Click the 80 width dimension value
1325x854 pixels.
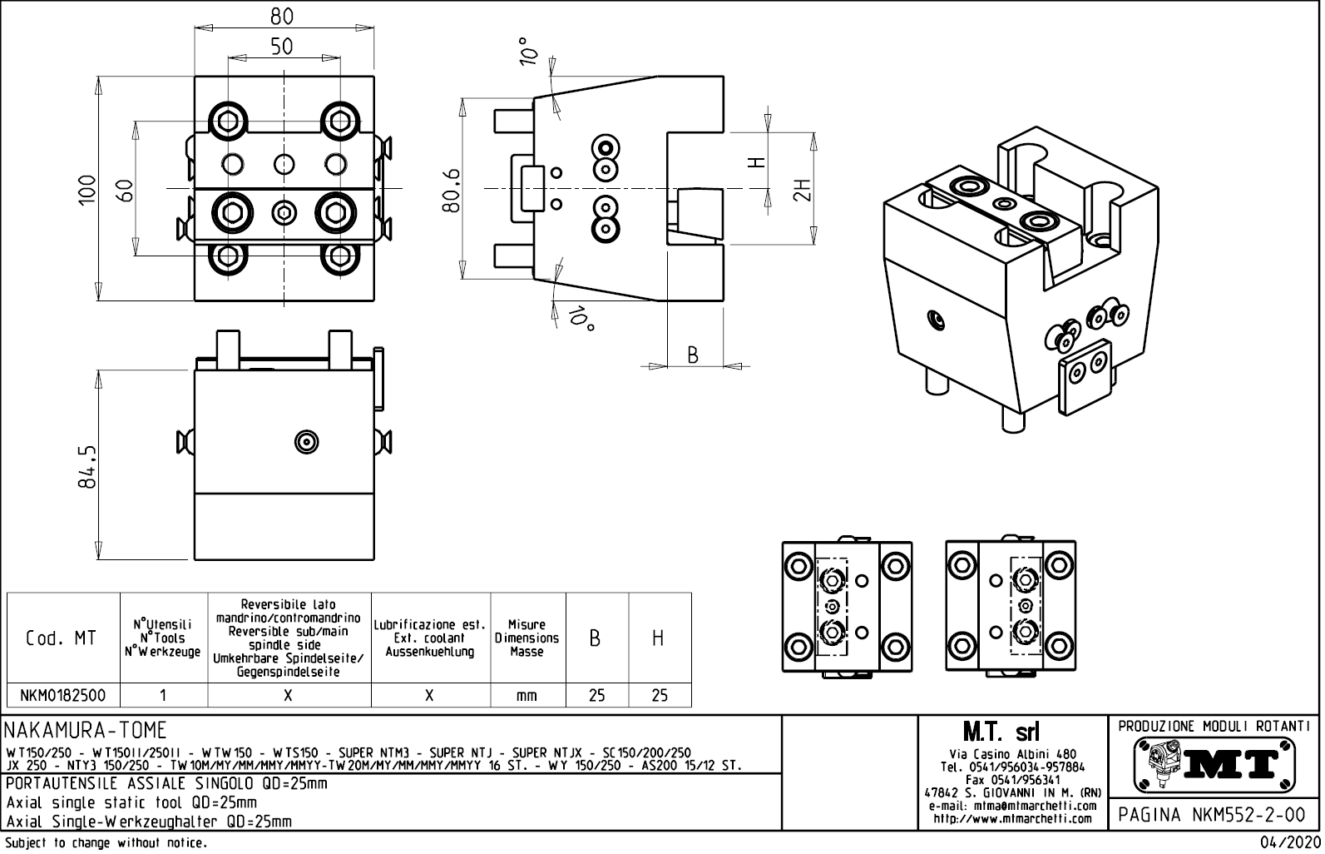point(282,16)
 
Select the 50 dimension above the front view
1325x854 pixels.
point(282,47)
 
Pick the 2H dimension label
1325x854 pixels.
point(802,190)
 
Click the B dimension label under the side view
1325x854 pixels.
point(693,355)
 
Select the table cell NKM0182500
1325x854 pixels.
point(63,695)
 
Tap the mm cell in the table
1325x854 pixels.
point(527,695)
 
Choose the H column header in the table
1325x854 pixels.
point(658,638)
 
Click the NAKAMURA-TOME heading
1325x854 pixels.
point(87,731)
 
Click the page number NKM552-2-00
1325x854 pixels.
point(1214,814)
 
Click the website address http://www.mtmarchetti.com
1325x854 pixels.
point(1012,818)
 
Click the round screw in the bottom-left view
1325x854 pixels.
point(307,441)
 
